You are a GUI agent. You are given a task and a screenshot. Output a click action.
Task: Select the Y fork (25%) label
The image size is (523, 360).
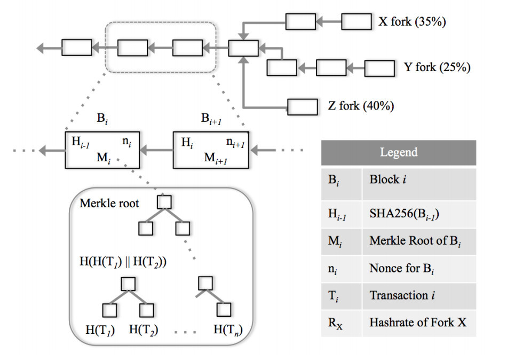[x=437, y=68]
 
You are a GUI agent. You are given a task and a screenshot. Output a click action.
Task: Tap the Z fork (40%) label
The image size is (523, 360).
[x=361, y=106]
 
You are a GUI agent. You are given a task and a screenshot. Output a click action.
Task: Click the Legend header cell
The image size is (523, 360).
[x=398, y=153]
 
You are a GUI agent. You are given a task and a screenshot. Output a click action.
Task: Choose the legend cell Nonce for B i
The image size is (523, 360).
[x=402, y=269]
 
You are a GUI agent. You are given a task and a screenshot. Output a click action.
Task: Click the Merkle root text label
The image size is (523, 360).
[x=109, y=204]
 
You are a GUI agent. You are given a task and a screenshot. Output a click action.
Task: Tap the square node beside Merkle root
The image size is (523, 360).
[x=164, y=202]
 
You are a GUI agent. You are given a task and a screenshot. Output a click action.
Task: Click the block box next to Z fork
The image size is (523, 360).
[x=303, y=106]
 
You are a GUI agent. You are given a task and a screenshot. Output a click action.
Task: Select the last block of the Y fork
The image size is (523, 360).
[x=379, y=68]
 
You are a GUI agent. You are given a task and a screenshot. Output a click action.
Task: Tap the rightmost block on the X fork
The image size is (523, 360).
[x=356, y=22]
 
